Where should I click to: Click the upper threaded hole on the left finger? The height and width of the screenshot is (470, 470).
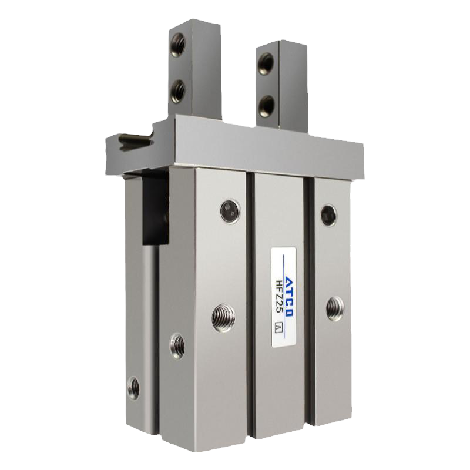pyautogui.click(x=177, y=45)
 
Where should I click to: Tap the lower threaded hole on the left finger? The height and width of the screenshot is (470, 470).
pyautogui.click(x=179, y=91)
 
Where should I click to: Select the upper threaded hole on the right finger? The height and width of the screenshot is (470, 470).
pyautogui.click(x=266, y=64)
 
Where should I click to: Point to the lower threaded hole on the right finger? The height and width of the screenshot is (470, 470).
pyautogui.click(x=266, y=106)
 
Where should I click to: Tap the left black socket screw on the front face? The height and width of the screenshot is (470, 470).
pyautogui.click(x=230, y=211)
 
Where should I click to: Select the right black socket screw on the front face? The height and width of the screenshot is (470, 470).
pyautogui.click(x=328, y=214)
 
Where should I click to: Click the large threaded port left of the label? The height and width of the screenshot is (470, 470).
pyautogui.click(x=223, y=318)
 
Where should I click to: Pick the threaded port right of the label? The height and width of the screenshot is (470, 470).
pyautogui.click(x=335, y=308)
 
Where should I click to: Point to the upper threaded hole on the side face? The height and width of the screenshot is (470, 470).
pyautogui.click(x=177, y=346)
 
